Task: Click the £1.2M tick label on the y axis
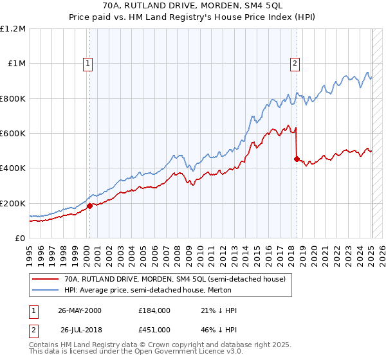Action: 14,28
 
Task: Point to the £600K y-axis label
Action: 14,133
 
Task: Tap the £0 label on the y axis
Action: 21,238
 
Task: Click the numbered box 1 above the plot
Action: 87,63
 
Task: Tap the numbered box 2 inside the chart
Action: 295,63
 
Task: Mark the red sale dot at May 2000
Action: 89,206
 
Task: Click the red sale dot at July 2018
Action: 297,159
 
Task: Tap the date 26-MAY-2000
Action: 79,310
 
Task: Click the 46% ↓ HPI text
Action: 219,330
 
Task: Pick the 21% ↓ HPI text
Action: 219,310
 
